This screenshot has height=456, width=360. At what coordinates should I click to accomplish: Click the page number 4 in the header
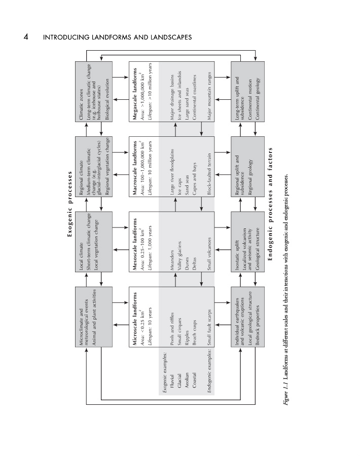25,37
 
